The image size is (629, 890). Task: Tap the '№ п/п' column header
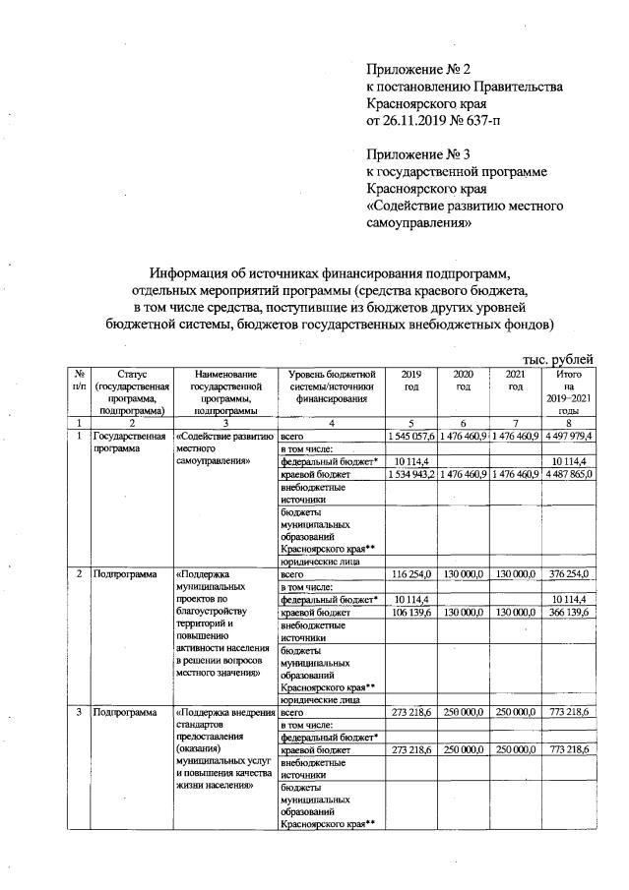(77, 381)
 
